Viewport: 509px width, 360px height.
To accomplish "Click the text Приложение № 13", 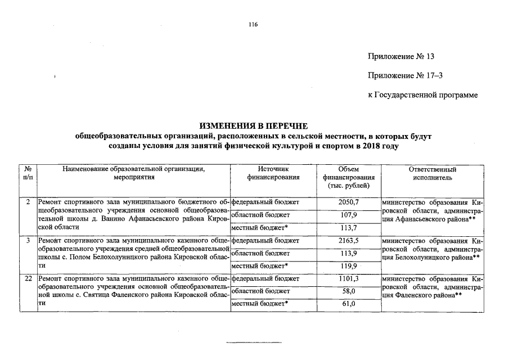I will point(401,57).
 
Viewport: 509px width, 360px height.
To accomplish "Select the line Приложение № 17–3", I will point(401,76).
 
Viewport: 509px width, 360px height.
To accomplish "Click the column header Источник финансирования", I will point(273,173).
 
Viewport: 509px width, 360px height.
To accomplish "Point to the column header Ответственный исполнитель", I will point(433,173).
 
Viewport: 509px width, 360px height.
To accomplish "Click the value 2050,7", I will point(349,201).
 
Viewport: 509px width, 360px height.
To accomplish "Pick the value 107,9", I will point(349,214).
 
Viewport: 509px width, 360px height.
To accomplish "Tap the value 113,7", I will point(349,228).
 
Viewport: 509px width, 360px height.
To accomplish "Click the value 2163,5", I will point(349,241).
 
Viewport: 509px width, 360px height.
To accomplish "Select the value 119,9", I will point(349,265).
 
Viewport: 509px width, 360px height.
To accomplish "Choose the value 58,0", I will point(349,291).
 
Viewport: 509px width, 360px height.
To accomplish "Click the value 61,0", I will point(349,304).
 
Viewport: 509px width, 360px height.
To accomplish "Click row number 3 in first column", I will point(28,241).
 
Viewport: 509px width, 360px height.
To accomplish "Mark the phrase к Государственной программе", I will point(422,95).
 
